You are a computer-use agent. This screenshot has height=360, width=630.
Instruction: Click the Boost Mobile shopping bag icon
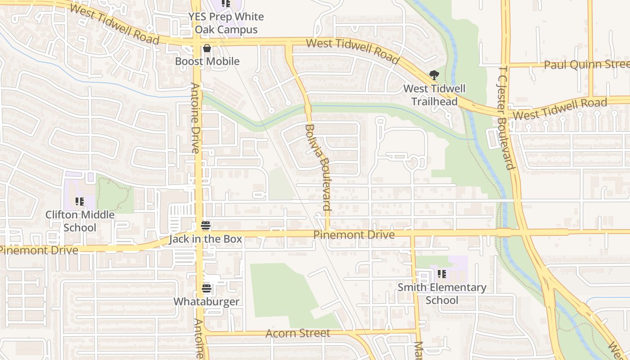click(x=207, y=48)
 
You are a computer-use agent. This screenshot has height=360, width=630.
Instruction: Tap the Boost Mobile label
click(x=207, y=61)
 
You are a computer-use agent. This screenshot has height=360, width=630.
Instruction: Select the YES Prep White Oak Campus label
click(x=226, y=23)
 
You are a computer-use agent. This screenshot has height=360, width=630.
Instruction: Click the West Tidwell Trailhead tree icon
click(x=434, y=75)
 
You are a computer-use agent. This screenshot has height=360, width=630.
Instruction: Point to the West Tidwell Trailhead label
click(x=434, y=95)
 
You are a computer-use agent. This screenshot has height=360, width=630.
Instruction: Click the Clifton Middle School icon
click(x=80, y=201)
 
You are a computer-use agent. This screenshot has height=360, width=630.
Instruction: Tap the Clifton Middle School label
click(x=80, y=221)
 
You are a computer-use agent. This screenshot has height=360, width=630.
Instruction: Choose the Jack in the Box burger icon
click(x=206, y=225)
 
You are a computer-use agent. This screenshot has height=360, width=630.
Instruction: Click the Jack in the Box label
click(x=205, y=239)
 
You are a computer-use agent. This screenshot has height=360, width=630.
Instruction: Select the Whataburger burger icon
click(x=207, y=288)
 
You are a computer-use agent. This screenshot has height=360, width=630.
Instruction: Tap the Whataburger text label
click(x=207, y=301)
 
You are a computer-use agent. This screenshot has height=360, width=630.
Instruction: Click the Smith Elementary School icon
click(x=441, y=274)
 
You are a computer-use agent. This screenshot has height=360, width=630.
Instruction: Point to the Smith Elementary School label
click(x=441, y=293)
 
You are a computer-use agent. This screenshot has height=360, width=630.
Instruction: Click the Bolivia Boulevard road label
click(x=318, y=167)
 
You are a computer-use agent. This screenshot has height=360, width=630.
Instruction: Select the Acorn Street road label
click(x=297, y=333)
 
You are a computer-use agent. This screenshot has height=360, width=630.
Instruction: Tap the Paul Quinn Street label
click(x=586, y=64)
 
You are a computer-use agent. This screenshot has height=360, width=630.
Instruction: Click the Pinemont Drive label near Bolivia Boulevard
click(x=354, y=234)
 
